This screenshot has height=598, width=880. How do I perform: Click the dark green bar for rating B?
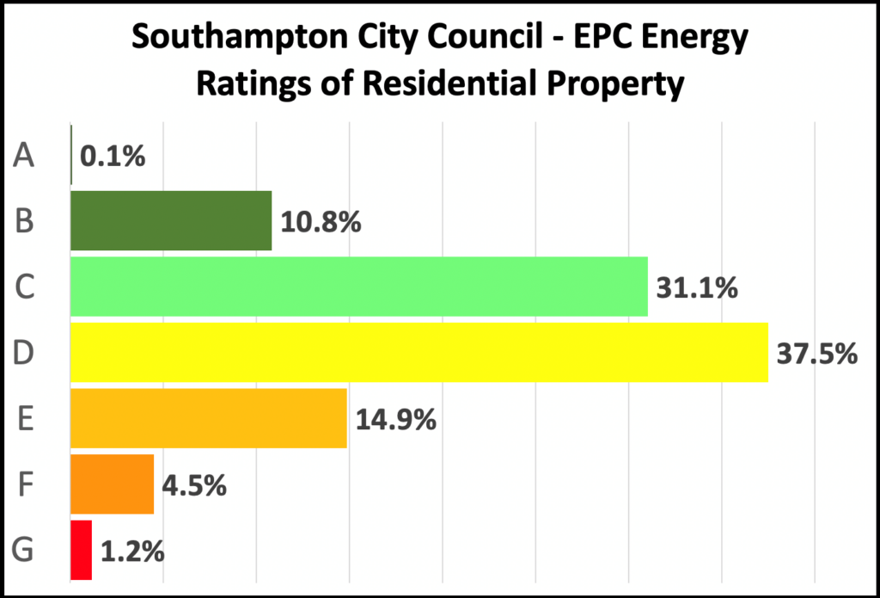pyautogui.click(x=170, y=221)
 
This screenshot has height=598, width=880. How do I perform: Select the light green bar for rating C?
pyautogui.click(x=358, y=287)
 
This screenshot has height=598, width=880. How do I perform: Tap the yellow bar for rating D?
pyautogui.click(x=419, y=353)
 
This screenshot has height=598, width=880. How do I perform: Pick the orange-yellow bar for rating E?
pyautogui.click(x=208, y=419)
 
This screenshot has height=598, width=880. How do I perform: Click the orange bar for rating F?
pyautogui.click(x=112, y=484)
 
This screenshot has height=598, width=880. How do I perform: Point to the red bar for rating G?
pyautogui.click(x=81, y=550)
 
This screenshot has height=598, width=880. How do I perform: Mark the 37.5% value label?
pyautogui.click(x=817, y=354)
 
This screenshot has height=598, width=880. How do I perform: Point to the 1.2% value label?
pyautogui.click(x=132, y=551)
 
